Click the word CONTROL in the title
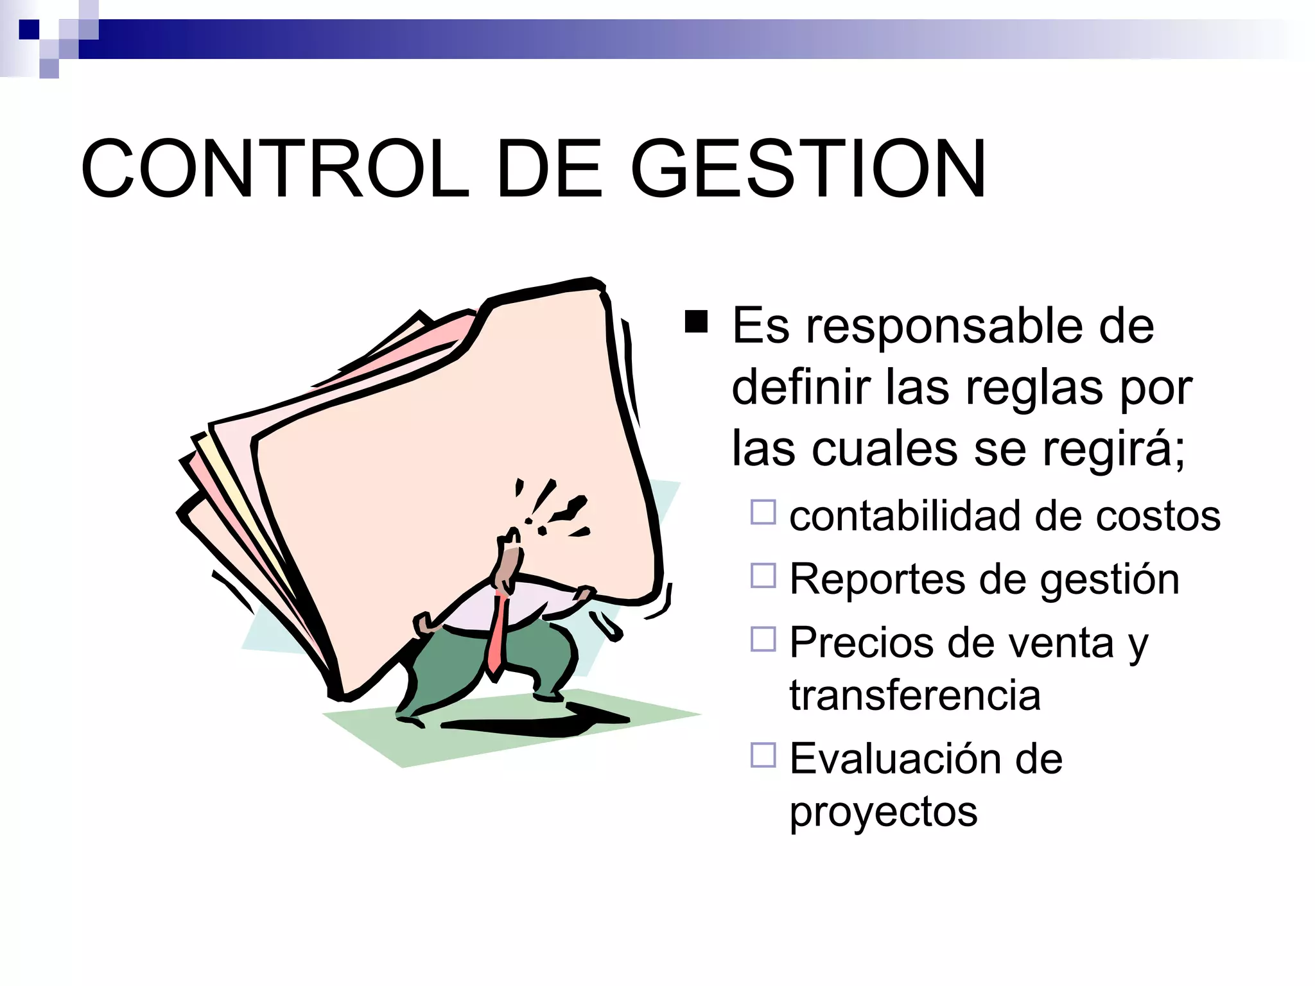[x=275, y=169]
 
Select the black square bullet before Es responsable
[x=696, y=322]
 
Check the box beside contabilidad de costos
[x=763, y=512]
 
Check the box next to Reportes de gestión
[x=763, y=576]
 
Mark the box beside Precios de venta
[x=763, y=639]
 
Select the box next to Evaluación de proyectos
[x=763, y=755]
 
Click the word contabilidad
[x=907, y=515]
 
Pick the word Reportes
[x=877, y=580]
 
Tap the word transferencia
[x=915, y=695]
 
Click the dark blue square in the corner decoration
[x=29, y=30]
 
